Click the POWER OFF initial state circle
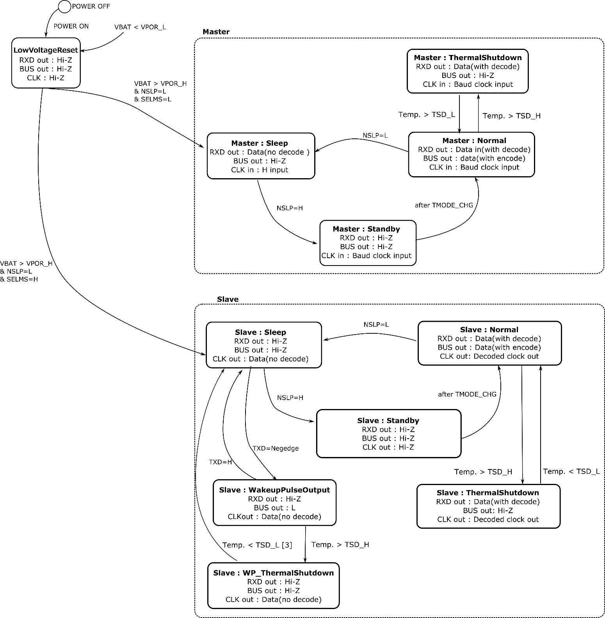[x=64, y=6]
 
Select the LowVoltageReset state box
[x=46, y=63]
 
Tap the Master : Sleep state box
[x=261, y=156]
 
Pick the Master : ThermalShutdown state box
[x=467, y=71]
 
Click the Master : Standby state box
[x=368, y=243]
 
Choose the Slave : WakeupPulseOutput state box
[x=274, y=503]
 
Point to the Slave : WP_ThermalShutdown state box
[x=273, y=586]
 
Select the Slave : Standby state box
[x=388, y=434]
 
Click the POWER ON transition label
[x=71, y=26]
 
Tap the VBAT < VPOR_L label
[x=140, y=27]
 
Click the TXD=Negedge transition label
[x=276, y=448]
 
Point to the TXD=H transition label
[x=220, y=462]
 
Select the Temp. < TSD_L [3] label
[x=257, y=545]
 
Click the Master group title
[x=216, y=32]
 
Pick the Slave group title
[x=228, y=299]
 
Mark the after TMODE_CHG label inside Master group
[x=444, y=205]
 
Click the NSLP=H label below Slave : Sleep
[x=290, y=398]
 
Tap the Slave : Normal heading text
[x=489, y=329]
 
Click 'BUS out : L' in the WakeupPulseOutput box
[x=274, y=508]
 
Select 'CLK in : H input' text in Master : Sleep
[x=260, y=170]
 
